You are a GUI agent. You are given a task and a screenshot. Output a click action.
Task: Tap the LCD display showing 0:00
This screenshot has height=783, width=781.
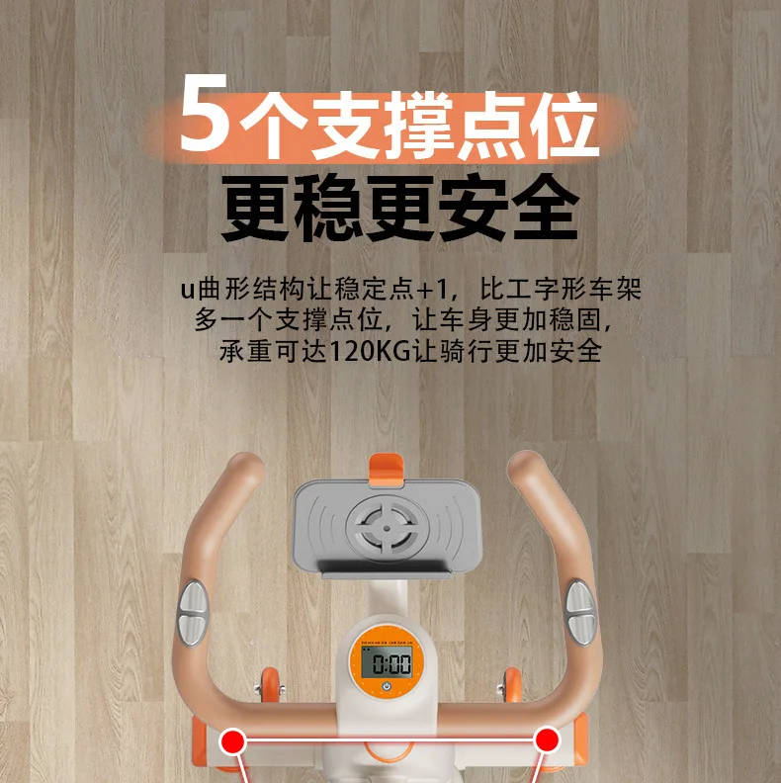(x=387, y=663)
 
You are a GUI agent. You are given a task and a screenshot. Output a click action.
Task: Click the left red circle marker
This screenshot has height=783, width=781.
(x=233, y=739)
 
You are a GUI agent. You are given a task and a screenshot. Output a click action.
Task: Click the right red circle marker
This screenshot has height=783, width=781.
(x=547, y=739)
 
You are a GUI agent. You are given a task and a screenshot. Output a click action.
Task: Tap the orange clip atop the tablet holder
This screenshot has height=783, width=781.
(x=387, y=466)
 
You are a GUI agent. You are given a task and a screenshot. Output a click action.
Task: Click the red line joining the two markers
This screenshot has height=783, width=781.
(x=390, y=739)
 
